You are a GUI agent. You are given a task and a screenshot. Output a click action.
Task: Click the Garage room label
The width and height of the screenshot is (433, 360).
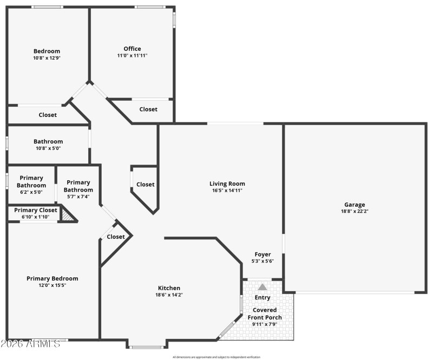coord(355,205)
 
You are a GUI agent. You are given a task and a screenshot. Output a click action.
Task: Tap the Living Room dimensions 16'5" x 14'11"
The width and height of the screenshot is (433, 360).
coord(227,191)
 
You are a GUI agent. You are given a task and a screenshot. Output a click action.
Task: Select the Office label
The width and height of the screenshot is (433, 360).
coord(132,49)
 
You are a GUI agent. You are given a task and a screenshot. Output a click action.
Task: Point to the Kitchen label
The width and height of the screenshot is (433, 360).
coord(169,288)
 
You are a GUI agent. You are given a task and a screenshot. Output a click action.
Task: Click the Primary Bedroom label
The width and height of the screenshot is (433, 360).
coord(53,278)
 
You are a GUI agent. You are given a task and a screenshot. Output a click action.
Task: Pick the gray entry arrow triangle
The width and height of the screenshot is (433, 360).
coord(263,287)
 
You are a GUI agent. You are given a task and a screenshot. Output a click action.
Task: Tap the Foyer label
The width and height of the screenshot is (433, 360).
coord(263,254)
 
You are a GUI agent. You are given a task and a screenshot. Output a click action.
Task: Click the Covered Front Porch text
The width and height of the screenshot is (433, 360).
coord(265,314)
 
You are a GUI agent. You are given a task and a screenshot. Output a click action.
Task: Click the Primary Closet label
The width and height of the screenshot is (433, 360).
coord(36,210)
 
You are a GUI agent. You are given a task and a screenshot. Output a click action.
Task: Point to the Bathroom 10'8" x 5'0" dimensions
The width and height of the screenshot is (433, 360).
coord(48,148)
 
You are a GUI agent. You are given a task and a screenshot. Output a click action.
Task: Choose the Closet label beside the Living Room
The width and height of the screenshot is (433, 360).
coord(145,185)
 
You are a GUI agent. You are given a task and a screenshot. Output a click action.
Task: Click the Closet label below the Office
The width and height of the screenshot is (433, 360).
coord(148,109)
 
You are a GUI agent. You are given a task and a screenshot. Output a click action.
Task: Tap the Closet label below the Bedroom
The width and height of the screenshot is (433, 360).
coord(48,115)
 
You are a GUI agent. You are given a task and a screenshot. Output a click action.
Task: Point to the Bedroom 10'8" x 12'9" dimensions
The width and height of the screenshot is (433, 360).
coord(47,58)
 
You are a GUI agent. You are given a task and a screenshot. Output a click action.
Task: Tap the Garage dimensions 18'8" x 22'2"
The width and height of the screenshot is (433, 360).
coord(355,212)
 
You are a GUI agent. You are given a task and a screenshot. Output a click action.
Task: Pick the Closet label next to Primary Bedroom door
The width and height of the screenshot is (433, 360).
coord(116,237)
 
